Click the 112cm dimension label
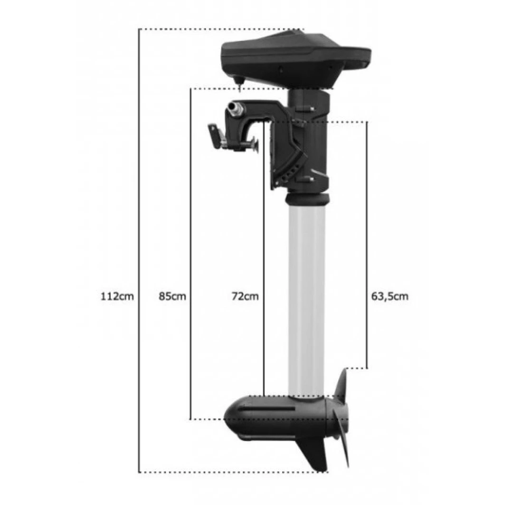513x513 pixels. (117, 296)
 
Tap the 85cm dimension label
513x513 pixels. (172, 296)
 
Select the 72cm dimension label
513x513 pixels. (245, 296)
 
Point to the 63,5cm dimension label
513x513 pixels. (389, 296)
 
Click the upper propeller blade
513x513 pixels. (342, 386)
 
